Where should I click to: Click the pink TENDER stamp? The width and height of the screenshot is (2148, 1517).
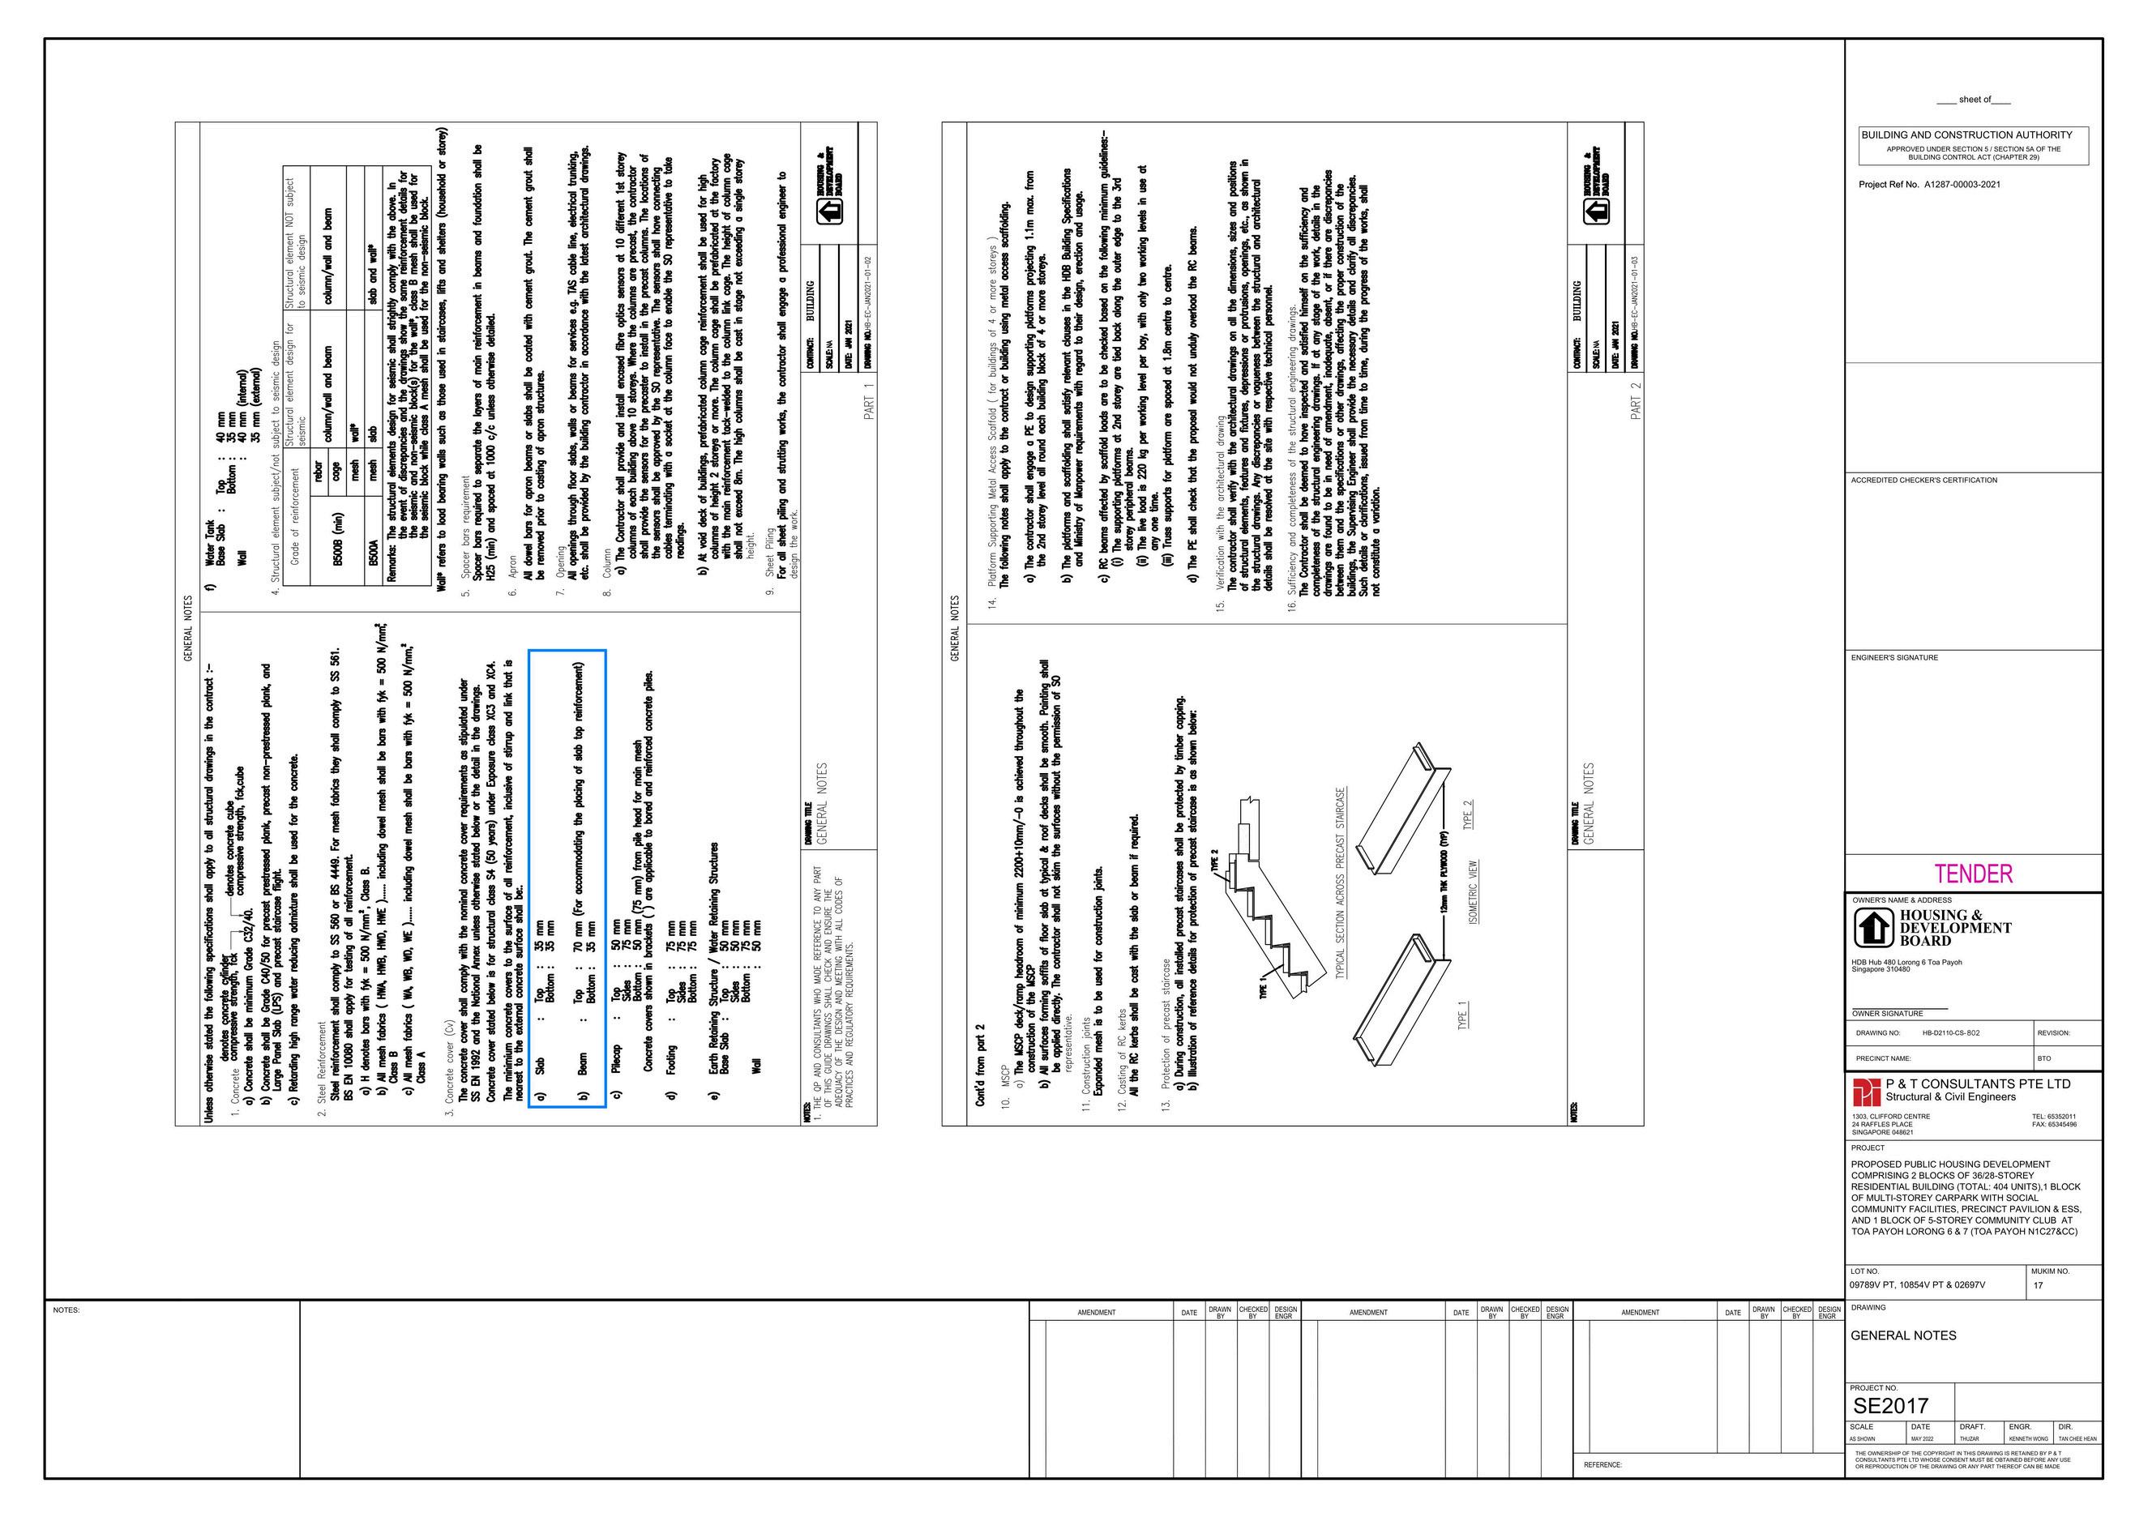1973,874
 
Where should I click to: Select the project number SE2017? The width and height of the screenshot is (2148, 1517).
1891,1406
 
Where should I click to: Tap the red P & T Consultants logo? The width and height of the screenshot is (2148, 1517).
1868,1092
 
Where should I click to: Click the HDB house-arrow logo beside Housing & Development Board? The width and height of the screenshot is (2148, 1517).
1873,928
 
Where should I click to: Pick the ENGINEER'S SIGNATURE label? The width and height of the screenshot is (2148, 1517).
1894,657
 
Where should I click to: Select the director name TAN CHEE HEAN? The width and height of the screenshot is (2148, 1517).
2077,1438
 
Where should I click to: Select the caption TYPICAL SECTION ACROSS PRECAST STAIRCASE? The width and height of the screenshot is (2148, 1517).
1341,882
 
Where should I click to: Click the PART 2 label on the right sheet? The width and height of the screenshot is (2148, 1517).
1637,400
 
